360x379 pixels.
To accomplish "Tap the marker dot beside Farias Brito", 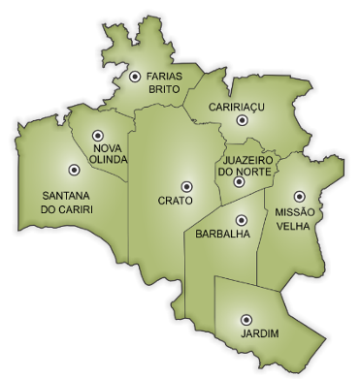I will click(134, 76).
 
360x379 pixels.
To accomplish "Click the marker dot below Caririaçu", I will click(242, 120).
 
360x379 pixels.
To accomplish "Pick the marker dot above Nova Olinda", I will click(96, 137).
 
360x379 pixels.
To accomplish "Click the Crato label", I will click(175, 201).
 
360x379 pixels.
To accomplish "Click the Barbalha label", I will click(222, 235).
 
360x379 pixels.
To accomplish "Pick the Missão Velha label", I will click(296, 218).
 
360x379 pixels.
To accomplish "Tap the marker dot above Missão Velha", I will click(299, 195).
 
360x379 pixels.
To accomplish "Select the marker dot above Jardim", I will click(245, 318).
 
